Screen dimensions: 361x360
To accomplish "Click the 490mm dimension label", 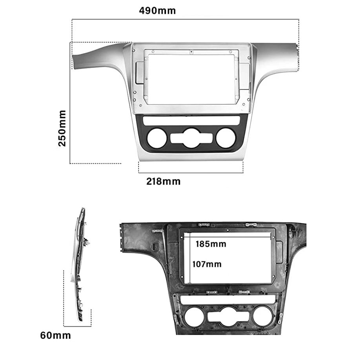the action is pyautogui.click(x=157, y=11).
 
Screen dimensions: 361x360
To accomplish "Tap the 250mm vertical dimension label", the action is pyautogui.click(x=62, y=128).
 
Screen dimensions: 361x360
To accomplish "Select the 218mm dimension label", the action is pyautogui.click(x=164, y=181).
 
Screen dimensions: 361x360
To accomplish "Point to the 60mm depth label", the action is pyautogui.click(x=55, y=335).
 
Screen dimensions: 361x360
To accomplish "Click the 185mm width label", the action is pyautogui.click(x=211, y=244).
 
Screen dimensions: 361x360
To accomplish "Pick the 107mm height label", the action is pyautogui.click(x=207, y=264).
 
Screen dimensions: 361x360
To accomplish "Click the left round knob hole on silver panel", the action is pyautogui.click(x=157, y=138).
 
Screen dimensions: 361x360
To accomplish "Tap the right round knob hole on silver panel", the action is pyautogui.click(x=226, y=138).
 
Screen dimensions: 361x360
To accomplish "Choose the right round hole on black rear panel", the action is pyautogui.click(x=263, y=316).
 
